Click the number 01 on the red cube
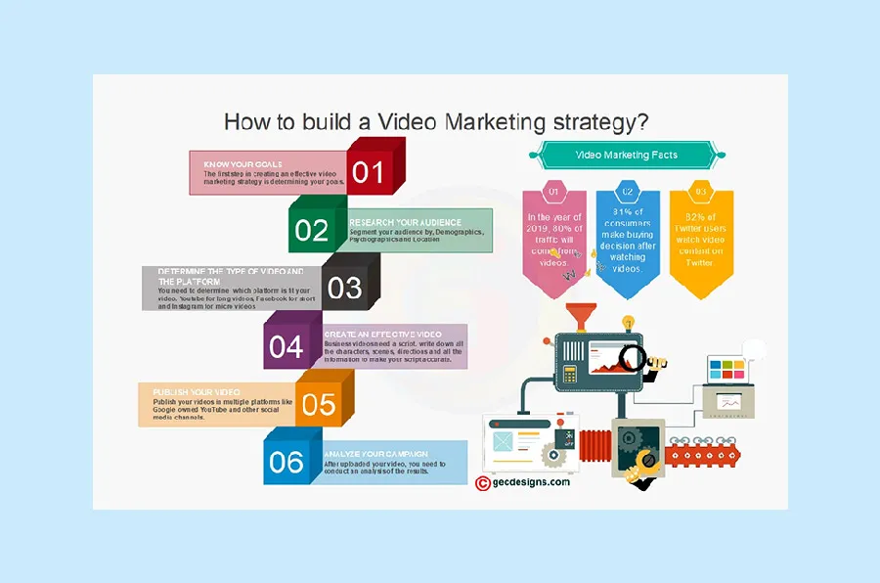coord(369,172)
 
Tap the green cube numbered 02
coord(312,231)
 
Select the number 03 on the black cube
coord(344,288)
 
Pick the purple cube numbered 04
coord(286,346)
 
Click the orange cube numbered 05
coord(319,404)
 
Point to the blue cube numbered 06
coord(286,462)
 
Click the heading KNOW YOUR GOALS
coord(237,164)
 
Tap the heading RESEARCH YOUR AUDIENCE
coord(406,222)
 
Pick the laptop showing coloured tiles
coord(727,370)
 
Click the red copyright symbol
coord(482,482)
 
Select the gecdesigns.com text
coord(531,482)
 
